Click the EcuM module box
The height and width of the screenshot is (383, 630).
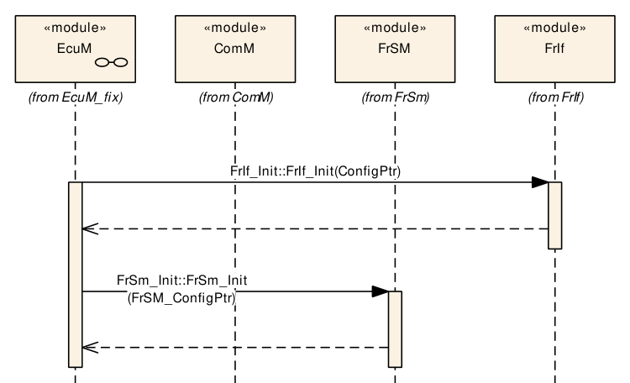(x=75, y=49)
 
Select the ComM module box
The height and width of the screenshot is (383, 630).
(x=235, y=49)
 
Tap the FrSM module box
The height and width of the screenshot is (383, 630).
(x=395, y=49)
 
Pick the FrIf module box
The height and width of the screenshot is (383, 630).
(x=554, y=49)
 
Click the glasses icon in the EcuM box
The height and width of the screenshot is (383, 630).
(x=111, y=62)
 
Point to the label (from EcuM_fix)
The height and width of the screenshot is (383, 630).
(x=76, y=97)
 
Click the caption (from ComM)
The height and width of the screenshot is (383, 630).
(x=236, y=97)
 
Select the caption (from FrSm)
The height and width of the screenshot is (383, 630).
(x=396, y=97)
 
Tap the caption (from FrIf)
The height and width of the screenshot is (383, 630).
(x=556, y=97)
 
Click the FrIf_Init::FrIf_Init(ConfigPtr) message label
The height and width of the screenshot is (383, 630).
(x=315, y=171)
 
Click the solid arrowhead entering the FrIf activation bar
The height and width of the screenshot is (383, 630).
(x=540, y=182)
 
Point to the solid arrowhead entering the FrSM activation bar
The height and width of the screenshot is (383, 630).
(x=380, y=291)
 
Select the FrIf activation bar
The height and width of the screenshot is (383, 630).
(x=555, y=215)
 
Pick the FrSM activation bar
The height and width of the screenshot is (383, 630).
(x=395, y=329)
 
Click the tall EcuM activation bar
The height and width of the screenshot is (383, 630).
(x=75, y=275)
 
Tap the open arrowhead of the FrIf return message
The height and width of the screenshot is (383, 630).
(x=90, y=228)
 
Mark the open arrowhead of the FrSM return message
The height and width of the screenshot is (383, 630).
(x=90, y=347)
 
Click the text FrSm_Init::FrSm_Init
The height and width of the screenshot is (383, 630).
(x=182, y=281)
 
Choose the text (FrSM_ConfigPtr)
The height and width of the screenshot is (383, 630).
(x=181, y=298)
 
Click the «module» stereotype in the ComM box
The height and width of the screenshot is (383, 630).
(x=235, y=28)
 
